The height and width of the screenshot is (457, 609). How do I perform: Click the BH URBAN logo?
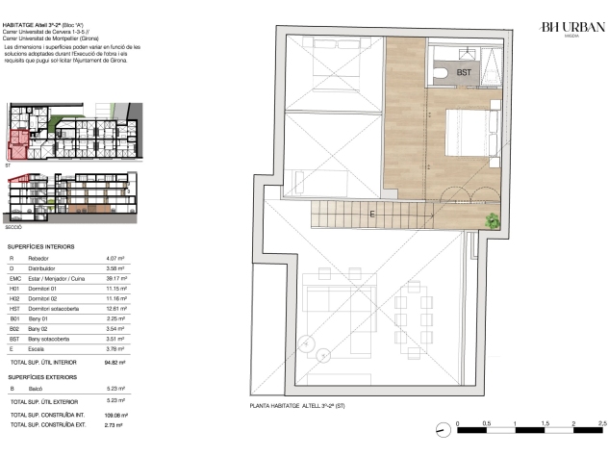pos(572,29)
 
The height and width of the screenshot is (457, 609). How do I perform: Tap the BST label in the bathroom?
pos(464,72)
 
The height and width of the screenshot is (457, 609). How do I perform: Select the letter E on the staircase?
pos(372,214)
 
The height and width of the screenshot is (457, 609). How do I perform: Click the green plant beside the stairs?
pos(492,220)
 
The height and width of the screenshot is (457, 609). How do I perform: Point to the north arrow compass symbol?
pos(443,429)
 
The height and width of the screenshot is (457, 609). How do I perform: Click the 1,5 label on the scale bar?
pos(545,423)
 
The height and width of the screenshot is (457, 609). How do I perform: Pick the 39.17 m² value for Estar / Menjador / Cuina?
pos(116,278)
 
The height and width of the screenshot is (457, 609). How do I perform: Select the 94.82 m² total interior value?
pos(114,363)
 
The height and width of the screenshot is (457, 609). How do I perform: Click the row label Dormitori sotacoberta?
pos(54,309)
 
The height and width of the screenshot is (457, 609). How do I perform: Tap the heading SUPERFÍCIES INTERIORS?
pos(40,246)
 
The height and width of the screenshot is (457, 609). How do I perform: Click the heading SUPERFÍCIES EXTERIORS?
pos(42,377)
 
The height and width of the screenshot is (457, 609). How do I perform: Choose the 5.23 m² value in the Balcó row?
pos(115,389)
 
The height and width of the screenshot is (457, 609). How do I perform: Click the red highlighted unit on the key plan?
pos(18,144)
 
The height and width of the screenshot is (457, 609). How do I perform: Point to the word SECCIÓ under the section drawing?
pos(13,227)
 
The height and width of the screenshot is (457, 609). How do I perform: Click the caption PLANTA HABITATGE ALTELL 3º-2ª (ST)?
pos(297,406)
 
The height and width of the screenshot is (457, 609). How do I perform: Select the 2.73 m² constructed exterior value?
pos(114,425)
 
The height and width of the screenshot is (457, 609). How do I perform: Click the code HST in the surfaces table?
pos(14,309)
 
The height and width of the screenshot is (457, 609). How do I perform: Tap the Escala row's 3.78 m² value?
pos(115,349)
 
